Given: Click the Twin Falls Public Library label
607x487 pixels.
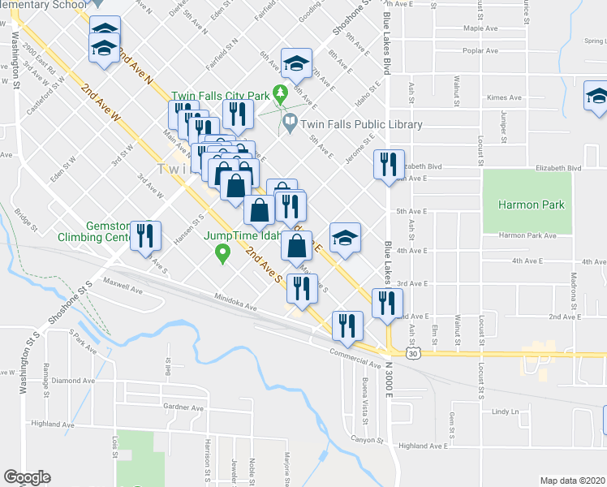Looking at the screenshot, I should [x=362, y=124].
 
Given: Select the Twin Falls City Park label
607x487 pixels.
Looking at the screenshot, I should [x=220, y=95].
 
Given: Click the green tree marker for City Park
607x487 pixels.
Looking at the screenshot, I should [x=281, y=94].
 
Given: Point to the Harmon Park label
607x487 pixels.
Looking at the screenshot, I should [x=532, y=205].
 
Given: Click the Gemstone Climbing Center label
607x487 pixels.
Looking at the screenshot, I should [x=93, y=231].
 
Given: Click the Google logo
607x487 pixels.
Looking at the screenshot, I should [x=27, y=476].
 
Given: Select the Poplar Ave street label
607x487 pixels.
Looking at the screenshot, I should [x=480, y=50].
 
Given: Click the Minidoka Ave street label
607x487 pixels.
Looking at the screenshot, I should [x=235, y=303].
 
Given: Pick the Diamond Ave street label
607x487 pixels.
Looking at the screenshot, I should [x=73, y=379].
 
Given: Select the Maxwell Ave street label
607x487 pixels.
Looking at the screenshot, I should [x=124, y=286].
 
